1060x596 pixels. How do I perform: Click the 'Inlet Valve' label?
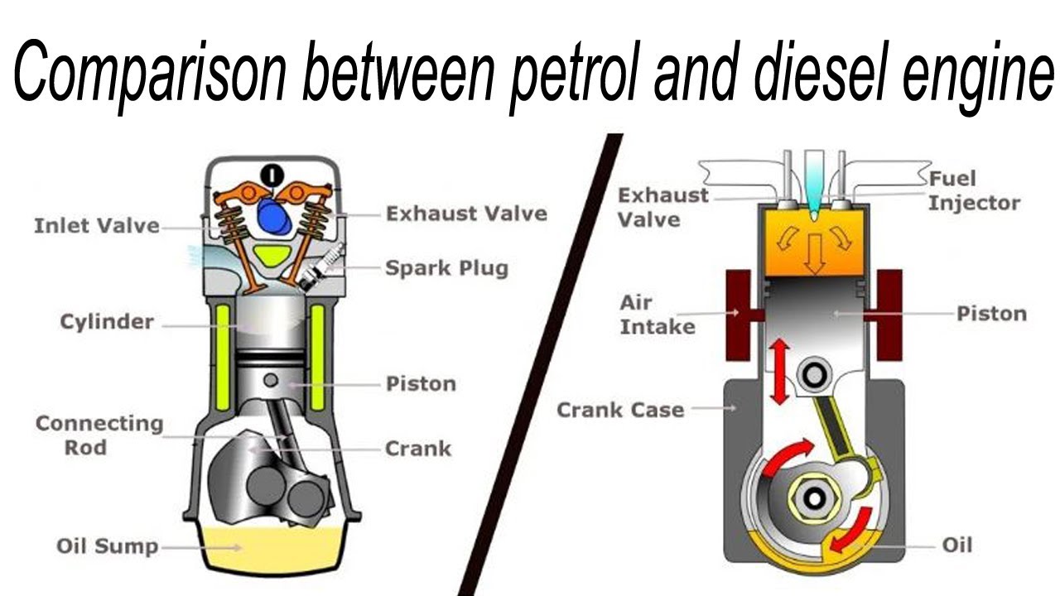pyautogui.click(x=96, y=225)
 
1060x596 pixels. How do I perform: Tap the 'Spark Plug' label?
pyautogui.click(x=446, y=268)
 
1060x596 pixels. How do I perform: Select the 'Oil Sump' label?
pyautogui.click(x=107, y=546)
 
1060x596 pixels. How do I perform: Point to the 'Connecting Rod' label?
pyautogui.click(x=99, y=435)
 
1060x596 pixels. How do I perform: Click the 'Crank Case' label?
pyautogui.click(x=620, y=410)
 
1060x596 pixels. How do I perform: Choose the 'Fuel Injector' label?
pyautogui.click(x=973, y=190)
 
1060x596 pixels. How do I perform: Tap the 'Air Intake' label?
pyautogui.click(x=658, y=315)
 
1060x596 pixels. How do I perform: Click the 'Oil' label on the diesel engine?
pyautogui.click(x=956, y=545)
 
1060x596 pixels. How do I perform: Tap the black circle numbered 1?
pyautogui.click(x=272, y=175)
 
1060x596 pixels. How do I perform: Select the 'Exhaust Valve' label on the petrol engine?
pyautogui.click(x=466, y=214)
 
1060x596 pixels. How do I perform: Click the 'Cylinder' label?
pyautogui.click(x=107, y=321)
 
